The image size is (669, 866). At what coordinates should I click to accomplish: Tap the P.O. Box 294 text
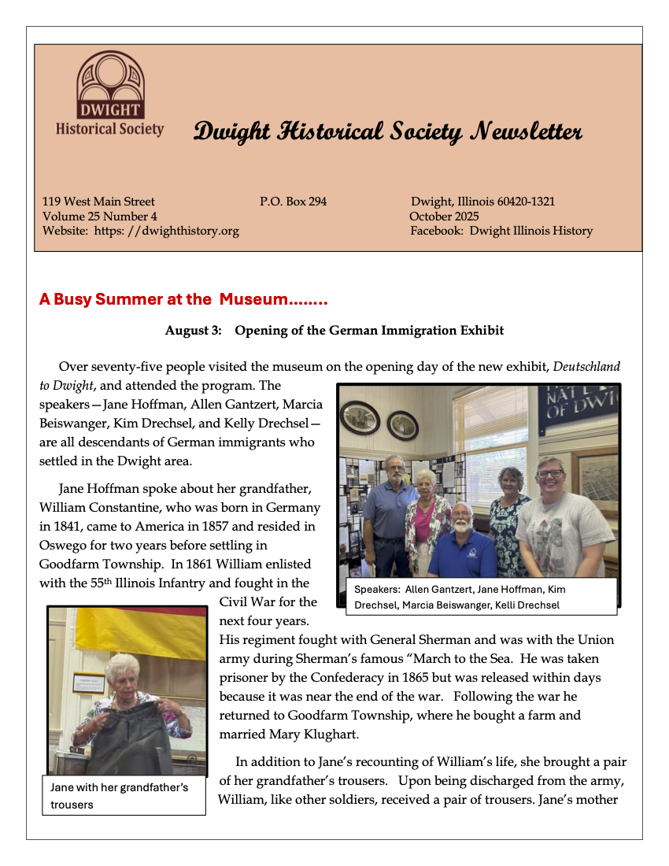click(293, 202)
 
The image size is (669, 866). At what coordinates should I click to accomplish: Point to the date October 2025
click(444, 216)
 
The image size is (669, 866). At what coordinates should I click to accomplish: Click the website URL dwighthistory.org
click(179, 231)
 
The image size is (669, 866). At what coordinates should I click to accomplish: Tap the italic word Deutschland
click(586, 367)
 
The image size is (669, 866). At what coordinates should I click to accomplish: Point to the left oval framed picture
click(360, 417)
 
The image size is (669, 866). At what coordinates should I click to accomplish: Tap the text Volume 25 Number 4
click(100, 216)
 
